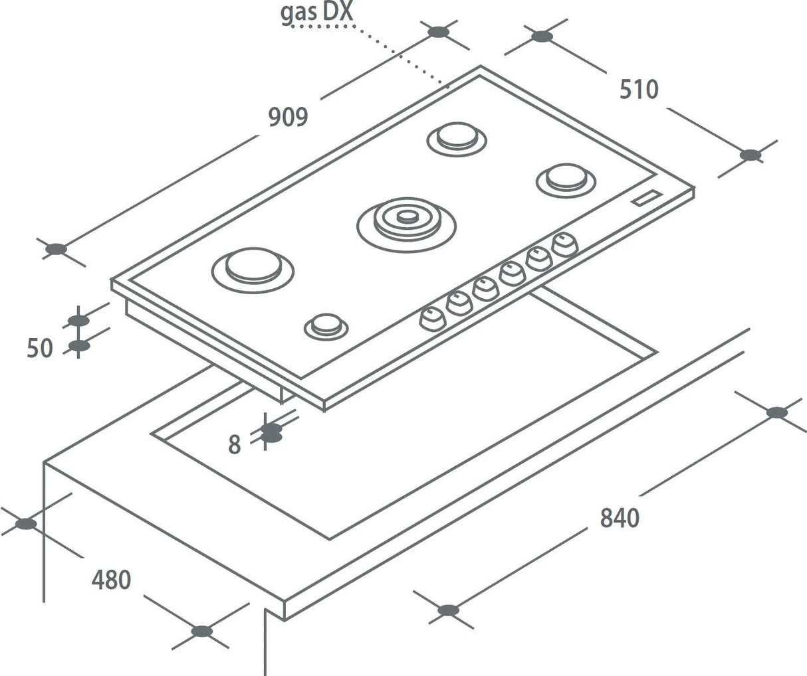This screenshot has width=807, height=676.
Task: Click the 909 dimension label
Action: click(288, 117)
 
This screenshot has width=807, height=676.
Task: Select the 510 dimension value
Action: click(639, 90)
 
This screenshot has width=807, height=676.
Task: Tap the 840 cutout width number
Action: click(619, 517)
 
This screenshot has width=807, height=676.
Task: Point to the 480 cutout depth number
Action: click(111, 580)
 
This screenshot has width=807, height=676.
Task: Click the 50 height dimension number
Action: click(39, 347)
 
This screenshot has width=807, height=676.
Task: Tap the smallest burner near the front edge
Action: click(326, 325)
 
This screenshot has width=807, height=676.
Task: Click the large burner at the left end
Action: click(253, 267)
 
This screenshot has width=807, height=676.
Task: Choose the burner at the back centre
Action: click(456, 137)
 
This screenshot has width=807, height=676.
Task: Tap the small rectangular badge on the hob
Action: click(647, 197)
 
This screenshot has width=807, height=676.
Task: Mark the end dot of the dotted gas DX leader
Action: click(447, 86)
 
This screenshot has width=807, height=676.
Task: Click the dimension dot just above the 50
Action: click(78, 321)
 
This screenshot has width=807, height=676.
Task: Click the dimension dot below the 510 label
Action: click(750, 155)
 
